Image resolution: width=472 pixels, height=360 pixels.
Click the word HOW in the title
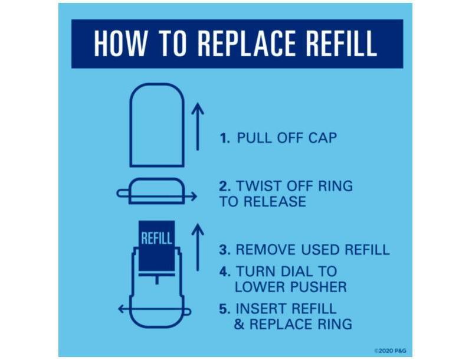(x=120, y=43)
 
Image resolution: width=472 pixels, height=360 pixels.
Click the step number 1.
(x=225, y=138)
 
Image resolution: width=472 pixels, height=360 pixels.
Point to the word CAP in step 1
(x=322, y=138)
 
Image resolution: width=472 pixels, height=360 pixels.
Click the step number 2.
(x=225, y=186)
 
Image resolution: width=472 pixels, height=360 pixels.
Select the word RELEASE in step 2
(x=275, y=201)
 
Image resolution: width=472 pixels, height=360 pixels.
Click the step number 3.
(x=225, y=250)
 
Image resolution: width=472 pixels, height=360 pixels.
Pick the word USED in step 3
(x=321, y=250)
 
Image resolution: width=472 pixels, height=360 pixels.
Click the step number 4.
(x=225, y=271)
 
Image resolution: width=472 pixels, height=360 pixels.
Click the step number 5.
(x=225, y=309)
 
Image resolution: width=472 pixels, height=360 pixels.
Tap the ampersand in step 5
(x=240, y=324)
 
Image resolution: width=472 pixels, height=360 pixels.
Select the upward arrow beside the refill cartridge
(x=198, y=247)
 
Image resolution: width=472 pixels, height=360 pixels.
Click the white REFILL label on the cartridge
(x=156, y=238)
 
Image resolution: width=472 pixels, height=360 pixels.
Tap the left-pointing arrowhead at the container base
(x=121, y=309)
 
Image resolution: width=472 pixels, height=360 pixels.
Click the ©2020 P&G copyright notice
(x=390, y=351)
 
